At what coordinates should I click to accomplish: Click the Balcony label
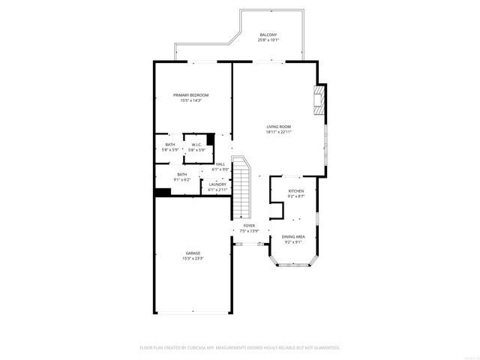268,35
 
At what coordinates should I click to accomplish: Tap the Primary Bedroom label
190,95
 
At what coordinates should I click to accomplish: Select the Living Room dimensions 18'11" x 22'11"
278,132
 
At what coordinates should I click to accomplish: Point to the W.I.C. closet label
196,145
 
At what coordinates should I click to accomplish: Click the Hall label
220,164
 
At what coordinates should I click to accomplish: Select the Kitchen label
296,191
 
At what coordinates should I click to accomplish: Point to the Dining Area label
293,237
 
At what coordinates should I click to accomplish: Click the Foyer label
249,226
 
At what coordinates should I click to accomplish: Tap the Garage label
193,253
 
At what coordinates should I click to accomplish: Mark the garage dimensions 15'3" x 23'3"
193,259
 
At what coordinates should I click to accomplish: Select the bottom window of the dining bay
293,267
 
